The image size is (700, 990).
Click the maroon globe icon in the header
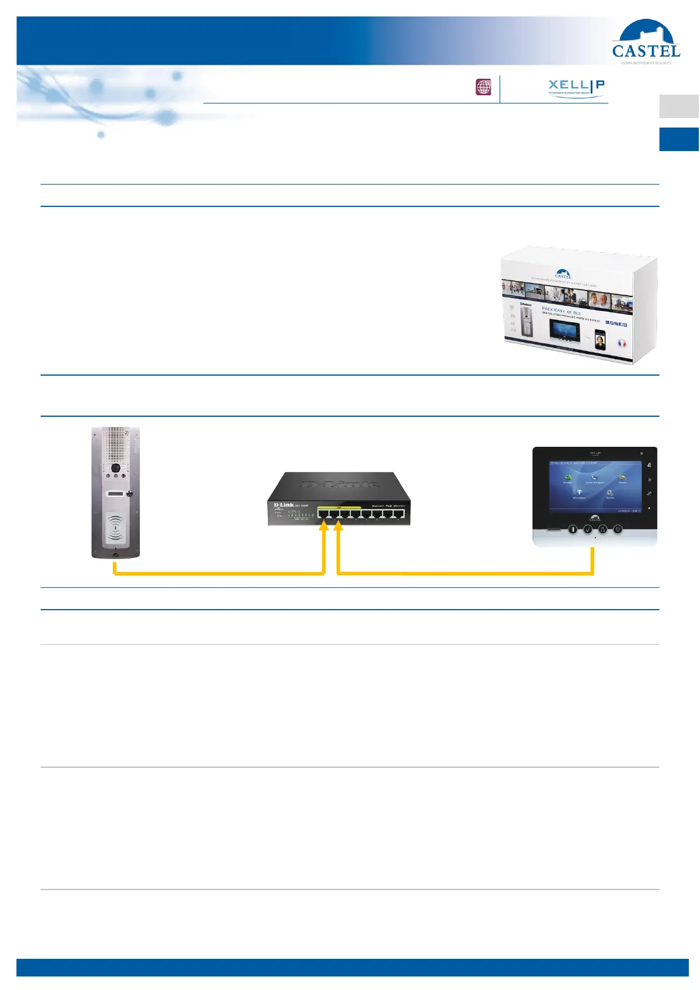[483, 88]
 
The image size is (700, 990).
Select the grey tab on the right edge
[679, 106]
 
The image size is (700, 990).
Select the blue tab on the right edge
[679, 139]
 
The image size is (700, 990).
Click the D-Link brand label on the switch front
[284, 505]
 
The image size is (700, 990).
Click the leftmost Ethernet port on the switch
[324, 514]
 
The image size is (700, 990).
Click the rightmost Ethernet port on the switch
[399, 515]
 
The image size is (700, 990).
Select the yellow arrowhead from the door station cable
[323, 526]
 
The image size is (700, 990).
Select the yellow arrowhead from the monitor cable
[338, 526]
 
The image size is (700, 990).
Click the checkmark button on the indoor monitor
[588, 529]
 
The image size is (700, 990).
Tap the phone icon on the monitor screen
[594, 477]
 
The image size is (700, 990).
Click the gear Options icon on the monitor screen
[610, 493]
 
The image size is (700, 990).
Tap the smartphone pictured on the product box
[600, 340]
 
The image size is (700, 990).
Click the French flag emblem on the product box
[622, 343]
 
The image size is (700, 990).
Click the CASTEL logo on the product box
[563, 274]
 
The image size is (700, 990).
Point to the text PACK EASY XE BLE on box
[561, 310]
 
